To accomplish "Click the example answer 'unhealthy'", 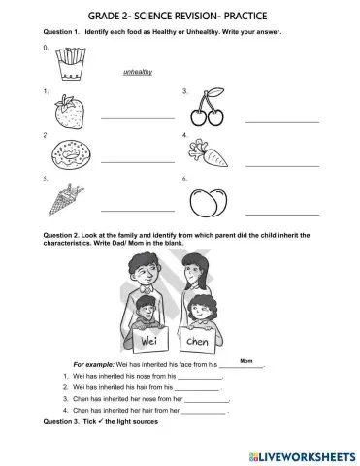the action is click(x=139, y=72).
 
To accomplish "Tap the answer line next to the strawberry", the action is click(x=137, y=118).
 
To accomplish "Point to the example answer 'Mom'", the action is click(x=245, y=358).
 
